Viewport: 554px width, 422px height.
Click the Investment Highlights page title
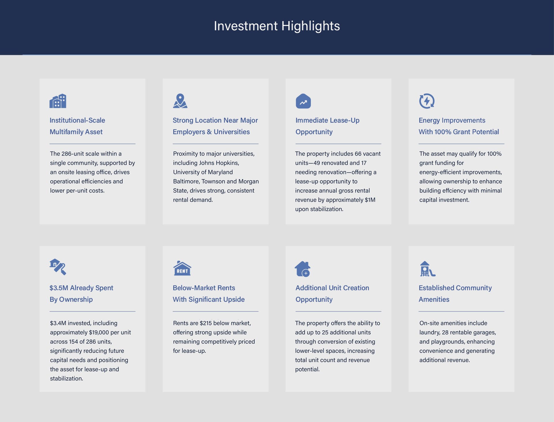[x=277, y=26]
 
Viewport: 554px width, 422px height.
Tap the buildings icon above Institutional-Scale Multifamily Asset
[x=58, y=101]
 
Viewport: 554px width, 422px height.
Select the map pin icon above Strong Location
[x=180, y=101]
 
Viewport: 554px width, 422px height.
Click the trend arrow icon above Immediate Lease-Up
[x=303, y=101]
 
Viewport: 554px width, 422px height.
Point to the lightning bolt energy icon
[x=427, y=101]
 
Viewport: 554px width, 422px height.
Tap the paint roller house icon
[x=58, y=267]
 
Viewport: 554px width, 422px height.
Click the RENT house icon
[x=182, y=268]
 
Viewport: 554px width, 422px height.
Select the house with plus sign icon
[x=302, y=269]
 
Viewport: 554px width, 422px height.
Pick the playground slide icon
[x=427, y=269]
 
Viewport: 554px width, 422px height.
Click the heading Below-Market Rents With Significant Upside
[x=209, y=294]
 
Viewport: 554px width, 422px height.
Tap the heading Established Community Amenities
[x=455, y=294]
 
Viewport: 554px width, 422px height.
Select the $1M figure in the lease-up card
[x=370, y=200]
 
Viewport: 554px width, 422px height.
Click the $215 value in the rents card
[x=206, y=323]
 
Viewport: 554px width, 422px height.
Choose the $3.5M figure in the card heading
[x=59, y=288]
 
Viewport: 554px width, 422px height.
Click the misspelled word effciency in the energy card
[x=455, y=191]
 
